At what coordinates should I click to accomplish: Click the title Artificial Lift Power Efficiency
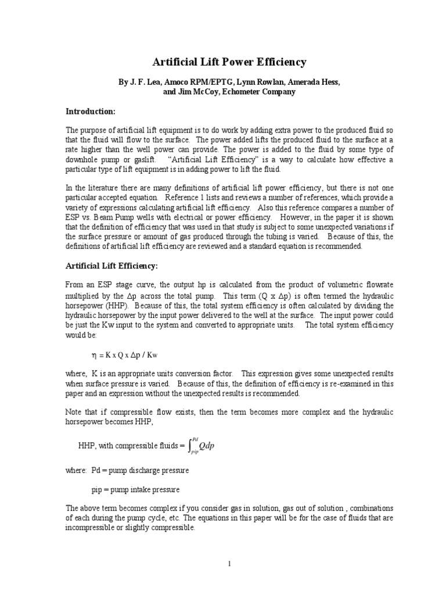click(x=229, y=62)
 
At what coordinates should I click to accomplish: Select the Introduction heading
click(x=90, y=111)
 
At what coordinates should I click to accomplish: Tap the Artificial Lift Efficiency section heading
click(x=110, y=266)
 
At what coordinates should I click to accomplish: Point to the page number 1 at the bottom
click(x=229, y=564)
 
